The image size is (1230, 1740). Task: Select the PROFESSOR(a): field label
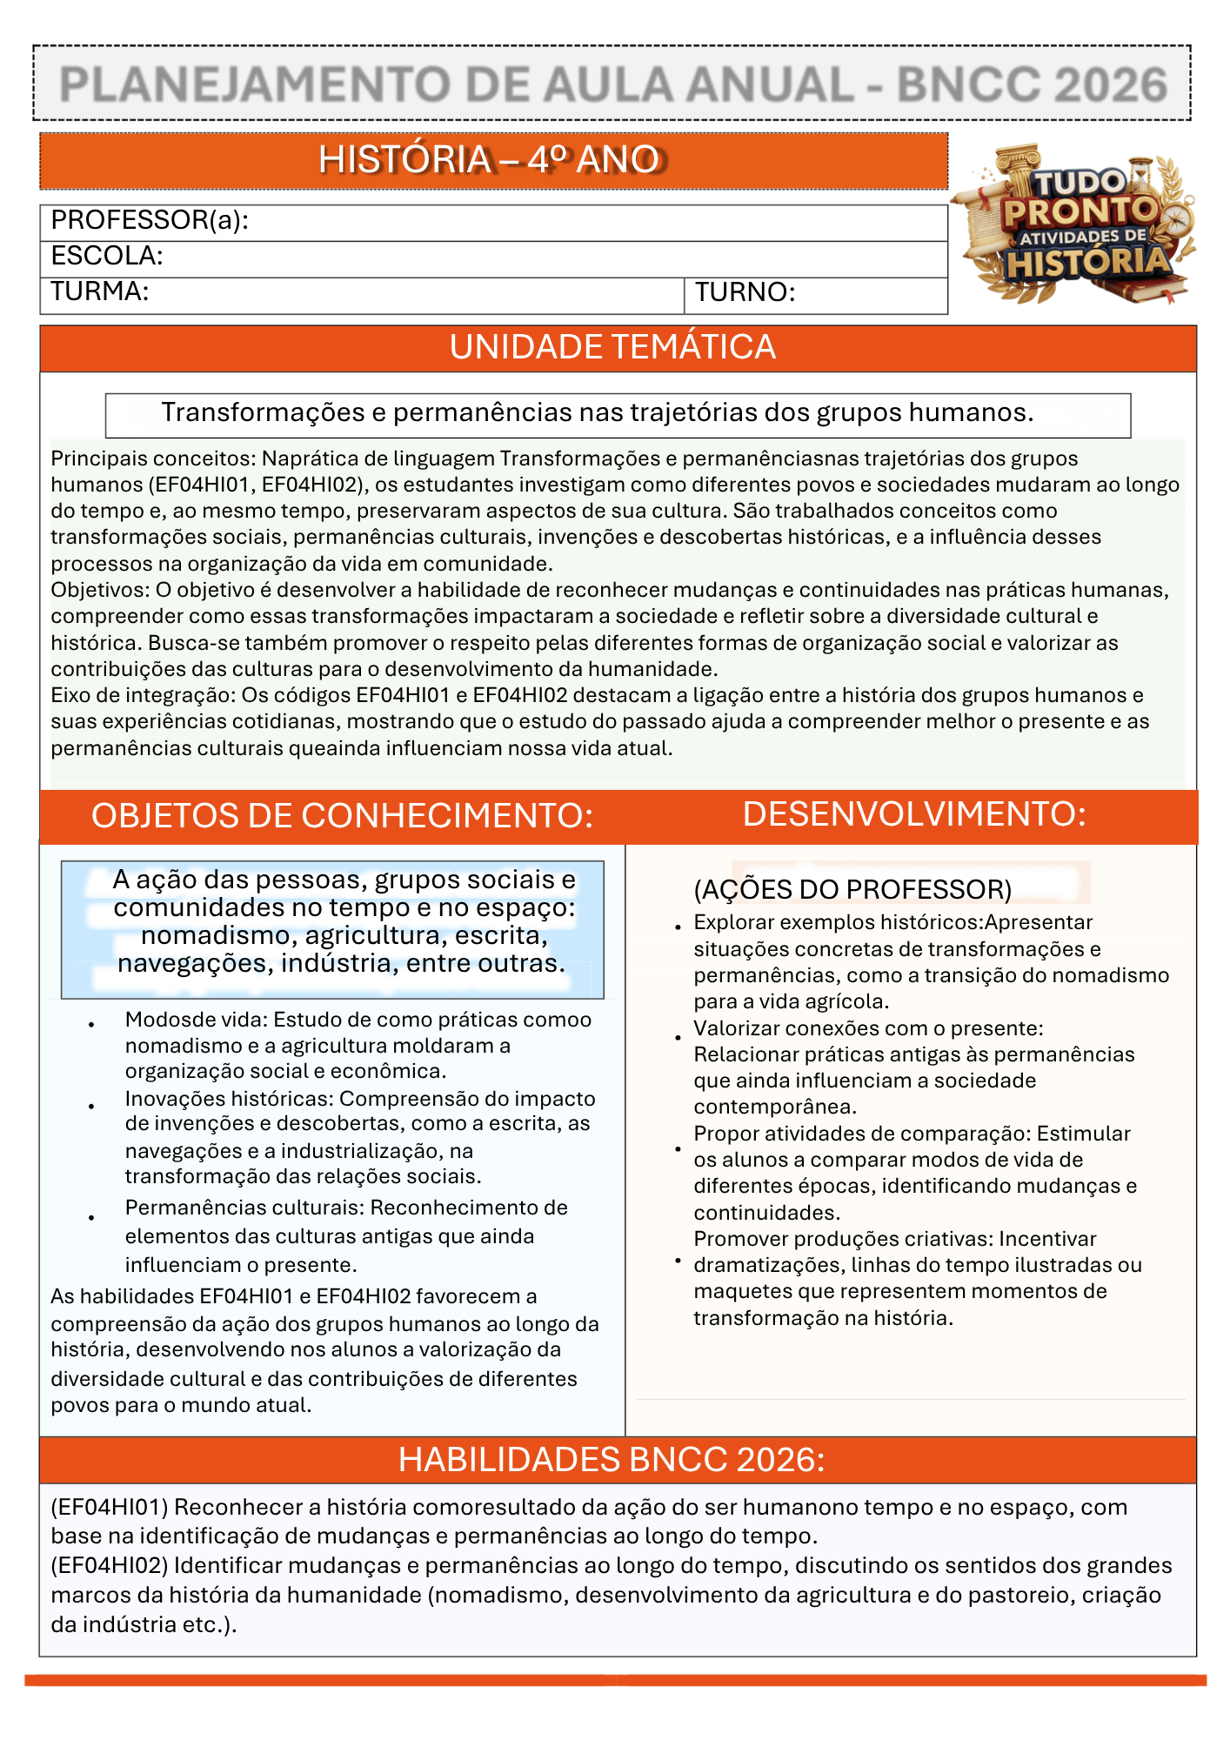click(150, 220)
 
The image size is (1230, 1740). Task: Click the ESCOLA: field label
click(107, 256)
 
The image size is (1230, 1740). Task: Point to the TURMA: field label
click(99, 291)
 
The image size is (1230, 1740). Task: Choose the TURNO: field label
click(745, 292)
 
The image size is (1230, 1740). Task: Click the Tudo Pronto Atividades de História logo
click(1079, 224)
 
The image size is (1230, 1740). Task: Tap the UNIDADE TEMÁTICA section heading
click(612, 347)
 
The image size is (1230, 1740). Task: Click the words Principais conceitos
click(152, 458)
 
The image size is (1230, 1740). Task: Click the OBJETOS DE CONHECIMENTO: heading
click(342, 816)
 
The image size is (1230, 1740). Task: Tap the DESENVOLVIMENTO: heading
click(914, 814)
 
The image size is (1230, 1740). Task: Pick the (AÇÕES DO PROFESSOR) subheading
click(852, 889)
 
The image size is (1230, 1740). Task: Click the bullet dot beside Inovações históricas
click(91, 1107)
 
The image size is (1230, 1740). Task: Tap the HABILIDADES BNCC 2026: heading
click(612, 1460)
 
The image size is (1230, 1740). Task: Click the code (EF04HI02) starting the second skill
click(109, 1565)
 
